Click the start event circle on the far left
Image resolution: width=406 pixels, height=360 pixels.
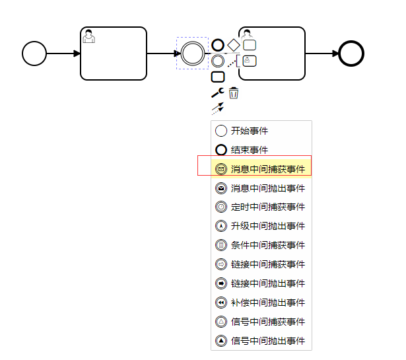point(34,54)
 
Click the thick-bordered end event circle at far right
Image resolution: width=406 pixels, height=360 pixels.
point(351,54)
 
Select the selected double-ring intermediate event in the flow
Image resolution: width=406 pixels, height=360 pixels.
point(193,54)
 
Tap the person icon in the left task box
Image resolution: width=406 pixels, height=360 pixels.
point(89,36)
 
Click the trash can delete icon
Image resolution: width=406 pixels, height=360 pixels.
point(234,92)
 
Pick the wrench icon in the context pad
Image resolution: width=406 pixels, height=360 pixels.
point(217,92)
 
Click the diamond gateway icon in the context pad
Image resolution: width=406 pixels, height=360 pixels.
point(234,45)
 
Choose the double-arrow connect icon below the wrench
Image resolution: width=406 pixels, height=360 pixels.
point(217,108)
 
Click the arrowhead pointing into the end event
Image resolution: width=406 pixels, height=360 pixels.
point(334,54)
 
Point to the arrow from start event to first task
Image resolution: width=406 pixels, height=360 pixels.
point(63,54)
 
